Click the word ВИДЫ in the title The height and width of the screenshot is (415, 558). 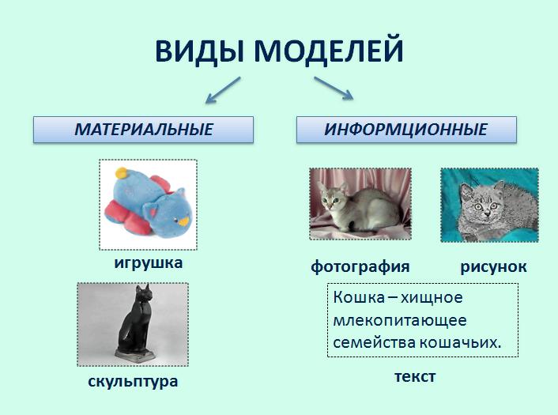[x=199, y=51]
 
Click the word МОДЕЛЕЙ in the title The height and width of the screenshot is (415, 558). [x=329, y=50]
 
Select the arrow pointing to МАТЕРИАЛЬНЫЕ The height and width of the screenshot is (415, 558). [x=223, y=90]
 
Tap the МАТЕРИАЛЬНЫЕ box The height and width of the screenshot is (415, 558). [x=143, y=130]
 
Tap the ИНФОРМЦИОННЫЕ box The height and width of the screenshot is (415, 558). [x=406, y=130]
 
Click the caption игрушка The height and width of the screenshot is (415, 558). [x=149, y=263]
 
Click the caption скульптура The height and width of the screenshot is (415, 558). [x=133, y=381]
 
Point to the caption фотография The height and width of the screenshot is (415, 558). [x=360, y=266]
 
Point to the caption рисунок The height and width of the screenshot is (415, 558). [x=493, y=267]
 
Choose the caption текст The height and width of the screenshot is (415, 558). [x=415, y=376]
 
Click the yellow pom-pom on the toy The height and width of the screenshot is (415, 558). [x=122, y=173]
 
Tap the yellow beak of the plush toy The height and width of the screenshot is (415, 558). [x=183, y=222]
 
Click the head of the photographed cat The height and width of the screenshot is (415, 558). [x=333, y=199]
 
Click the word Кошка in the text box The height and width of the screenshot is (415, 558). [x=359, y=297]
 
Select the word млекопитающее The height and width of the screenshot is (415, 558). [x=400, y=320]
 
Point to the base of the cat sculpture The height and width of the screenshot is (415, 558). [x=135, y=355]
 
